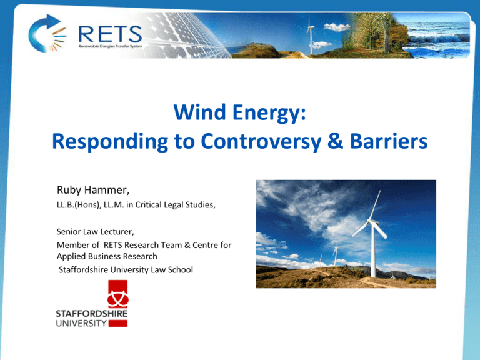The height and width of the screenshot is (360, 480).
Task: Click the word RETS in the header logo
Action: pyautogui.click(x=110, y=34)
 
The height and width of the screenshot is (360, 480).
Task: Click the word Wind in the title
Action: pyautogui.click(x=199, y=112)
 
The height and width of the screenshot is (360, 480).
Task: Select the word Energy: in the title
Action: pyautogui.click(x=269, y=113)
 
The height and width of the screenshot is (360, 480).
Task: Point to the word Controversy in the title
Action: pyautogui.click(x=261, y=141)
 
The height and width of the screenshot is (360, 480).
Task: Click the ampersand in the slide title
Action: pyautogui.click(x=335, y=141)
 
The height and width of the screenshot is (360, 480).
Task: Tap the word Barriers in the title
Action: pyautogui.click(x=389, y=141)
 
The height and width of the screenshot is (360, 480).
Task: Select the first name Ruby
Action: pyautogui.click(x=69, y=191)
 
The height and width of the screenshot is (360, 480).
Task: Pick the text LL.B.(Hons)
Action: pyautogui.click(x=79, y=205)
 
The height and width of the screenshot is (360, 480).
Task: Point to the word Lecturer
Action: pyautogui.click(x=117, y=232)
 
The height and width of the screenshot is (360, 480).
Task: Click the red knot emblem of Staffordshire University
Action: pyautogui.click(x=118, y=294)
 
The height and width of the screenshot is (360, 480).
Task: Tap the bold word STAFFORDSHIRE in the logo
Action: pyautogui.click(x=91, y=314)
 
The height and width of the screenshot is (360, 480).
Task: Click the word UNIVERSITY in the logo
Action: pyautogui.click(x=81, y=323)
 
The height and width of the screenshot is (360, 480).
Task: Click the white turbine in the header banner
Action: pyautogui.click(x=311, y=35)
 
